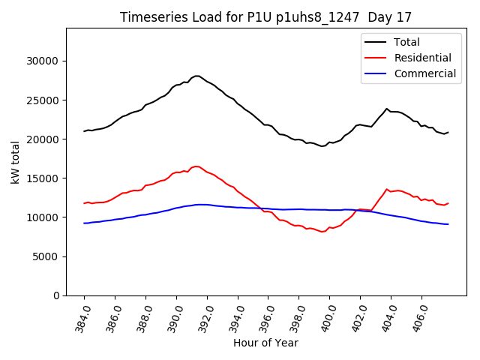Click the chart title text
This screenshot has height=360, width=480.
coord(265,17)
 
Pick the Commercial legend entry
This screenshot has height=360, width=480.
coord(424,73)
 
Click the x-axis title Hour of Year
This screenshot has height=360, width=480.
coord(265,343)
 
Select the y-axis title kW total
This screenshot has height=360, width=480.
coord(15,163)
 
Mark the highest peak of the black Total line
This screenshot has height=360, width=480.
coord(197,76)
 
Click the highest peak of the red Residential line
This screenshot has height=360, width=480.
coord(196,166)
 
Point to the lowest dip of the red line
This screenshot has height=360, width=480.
coord(322,232)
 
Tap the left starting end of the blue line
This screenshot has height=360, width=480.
coord(85,223)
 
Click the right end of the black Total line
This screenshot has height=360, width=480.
coord(448,133)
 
